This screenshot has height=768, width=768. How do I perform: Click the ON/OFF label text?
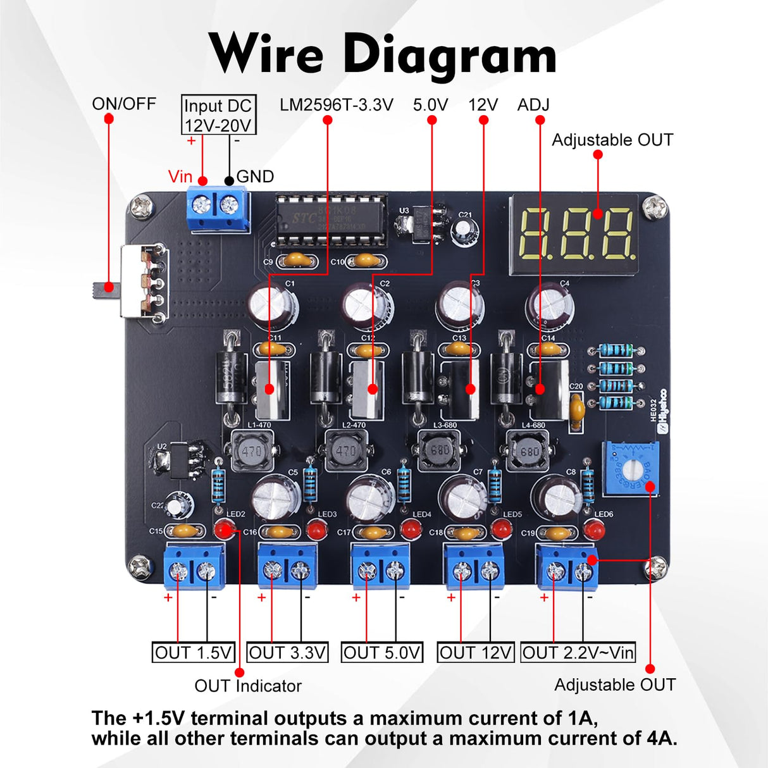124,104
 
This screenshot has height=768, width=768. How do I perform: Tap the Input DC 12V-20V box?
218,115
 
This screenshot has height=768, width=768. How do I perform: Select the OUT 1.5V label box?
194,652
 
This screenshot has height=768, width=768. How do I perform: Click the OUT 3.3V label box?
287,652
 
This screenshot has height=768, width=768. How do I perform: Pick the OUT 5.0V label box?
382,652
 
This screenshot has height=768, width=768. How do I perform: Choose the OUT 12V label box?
475,652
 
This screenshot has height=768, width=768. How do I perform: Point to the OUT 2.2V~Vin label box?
578,652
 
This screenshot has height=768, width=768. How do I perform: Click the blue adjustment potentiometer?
629,469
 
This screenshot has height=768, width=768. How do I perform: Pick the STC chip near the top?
331,218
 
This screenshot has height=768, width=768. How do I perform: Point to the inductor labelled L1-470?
251,451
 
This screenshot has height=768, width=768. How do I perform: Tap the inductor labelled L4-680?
529,451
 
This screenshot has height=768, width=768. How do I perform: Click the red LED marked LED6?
594,530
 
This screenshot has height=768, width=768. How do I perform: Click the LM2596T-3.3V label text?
337,105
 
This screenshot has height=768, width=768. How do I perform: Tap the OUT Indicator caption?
248,686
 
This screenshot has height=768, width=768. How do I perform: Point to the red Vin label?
180,177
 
